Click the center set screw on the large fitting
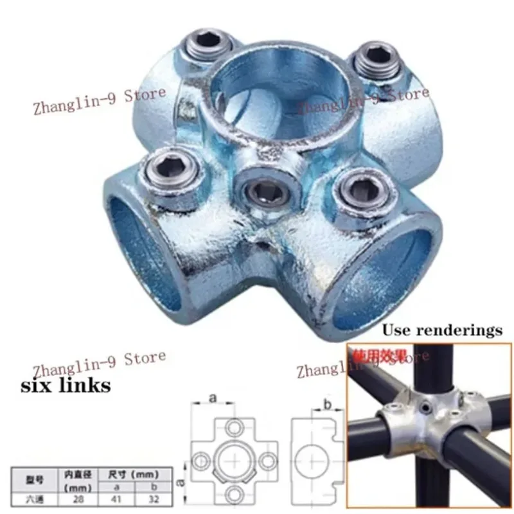pyautogui.click(x=265, y=188)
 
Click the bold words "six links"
pyautogui.click(x=67, y=385)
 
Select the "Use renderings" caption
pyautogui.click(x=442, y=331)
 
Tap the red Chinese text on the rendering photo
pyautogui.click(x=373, y=354)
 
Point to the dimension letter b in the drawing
pyautogui.click(x=326, y=404)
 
